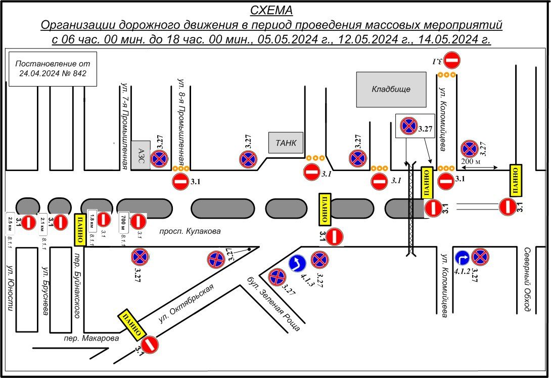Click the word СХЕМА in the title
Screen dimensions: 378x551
[271, 11]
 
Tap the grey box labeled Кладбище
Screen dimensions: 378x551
[391, 90]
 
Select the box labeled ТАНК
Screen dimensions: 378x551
[286, 143]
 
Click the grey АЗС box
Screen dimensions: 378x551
[141, 155]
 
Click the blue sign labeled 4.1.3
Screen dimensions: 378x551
[297, 264]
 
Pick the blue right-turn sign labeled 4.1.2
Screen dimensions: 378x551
[463, 258]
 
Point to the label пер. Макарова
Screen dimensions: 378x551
[91, 338]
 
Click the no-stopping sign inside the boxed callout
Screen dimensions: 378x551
[408, 126]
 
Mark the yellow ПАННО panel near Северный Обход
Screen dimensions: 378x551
[515, 180]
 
